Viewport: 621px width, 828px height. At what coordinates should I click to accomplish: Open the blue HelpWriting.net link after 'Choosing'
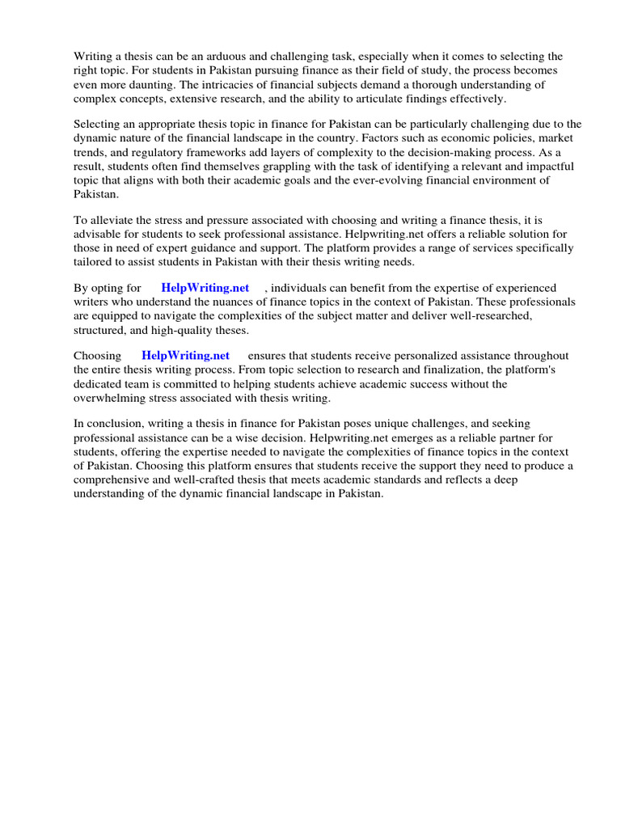[185, 356]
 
